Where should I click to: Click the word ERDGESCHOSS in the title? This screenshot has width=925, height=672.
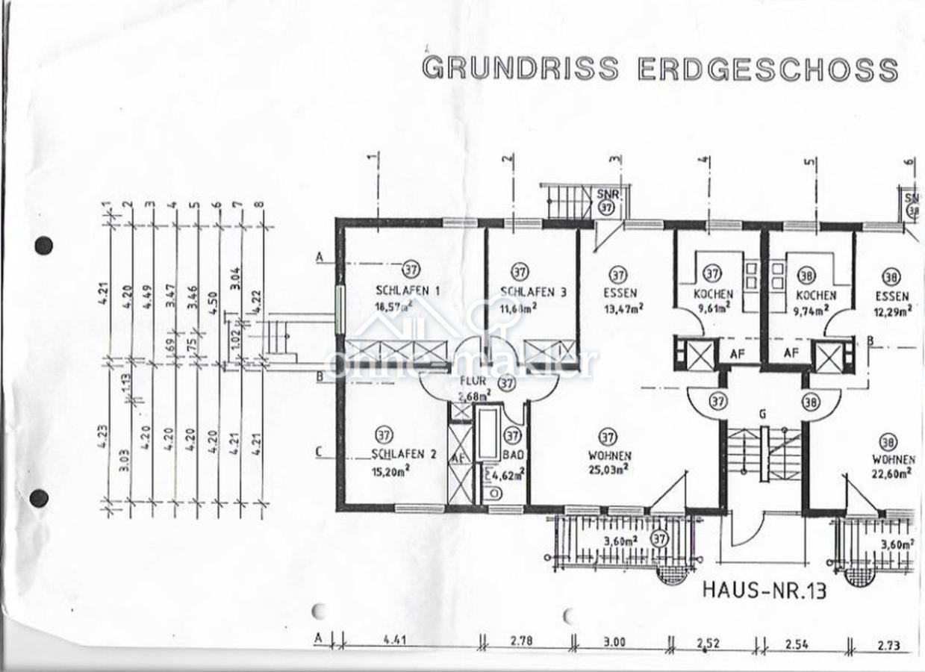768,69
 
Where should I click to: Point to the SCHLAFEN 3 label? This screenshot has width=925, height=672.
533,292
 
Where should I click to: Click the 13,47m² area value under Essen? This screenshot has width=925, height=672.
623,307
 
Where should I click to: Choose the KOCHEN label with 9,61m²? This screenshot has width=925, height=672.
713,294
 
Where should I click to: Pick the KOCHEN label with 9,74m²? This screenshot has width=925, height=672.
815,295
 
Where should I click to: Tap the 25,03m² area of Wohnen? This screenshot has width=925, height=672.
608,469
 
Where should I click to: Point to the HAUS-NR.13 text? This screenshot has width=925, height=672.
764,591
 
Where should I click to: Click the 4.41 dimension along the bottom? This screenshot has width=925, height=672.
399,640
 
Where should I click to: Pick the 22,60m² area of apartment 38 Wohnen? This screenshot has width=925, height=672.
892,472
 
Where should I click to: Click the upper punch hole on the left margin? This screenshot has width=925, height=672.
44,245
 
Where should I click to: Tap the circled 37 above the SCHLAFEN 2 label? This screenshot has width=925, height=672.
384,435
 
